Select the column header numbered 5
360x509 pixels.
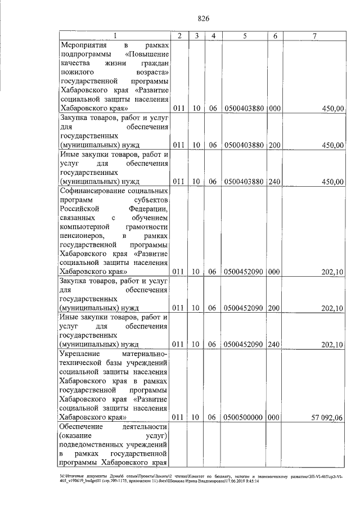coord(245,36)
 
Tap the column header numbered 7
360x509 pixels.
coord(314,36)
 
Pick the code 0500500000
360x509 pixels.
coord(245,417)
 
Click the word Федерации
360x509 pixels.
coord(148,209)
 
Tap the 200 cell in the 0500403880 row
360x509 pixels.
coord(274,145)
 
